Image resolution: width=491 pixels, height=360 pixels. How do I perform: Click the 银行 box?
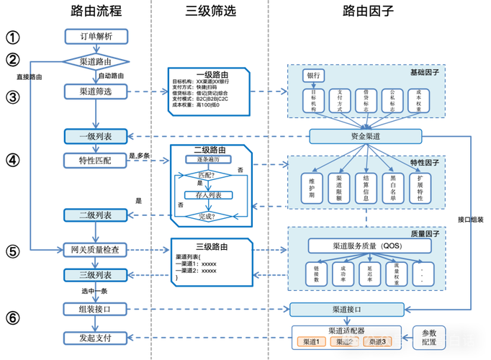[314, 76]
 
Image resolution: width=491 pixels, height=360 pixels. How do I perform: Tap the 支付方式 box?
[341, 101]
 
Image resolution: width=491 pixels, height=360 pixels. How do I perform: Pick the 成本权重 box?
[419, 101]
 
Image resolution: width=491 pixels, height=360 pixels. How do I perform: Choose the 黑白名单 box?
[392, 187]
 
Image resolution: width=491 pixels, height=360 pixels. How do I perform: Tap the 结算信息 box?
[366, 187]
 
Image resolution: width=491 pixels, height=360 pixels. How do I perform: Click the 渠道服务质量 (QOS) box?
[366, 246]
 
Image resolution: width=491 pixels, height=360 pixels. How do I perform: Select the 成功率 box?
[340, 274]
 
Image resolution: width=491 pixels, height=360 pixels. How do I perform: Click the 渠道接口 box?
[346, 310]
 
